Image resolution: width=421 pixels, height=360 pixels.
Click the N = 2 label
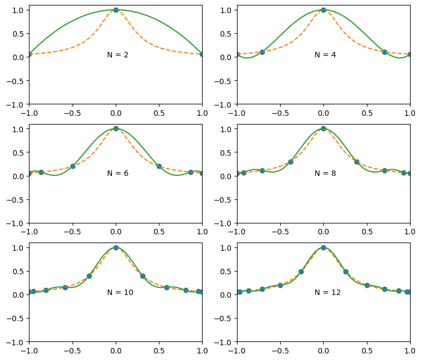click(x=118, y=55)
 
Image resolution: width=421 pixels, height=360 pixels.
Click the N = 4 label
click(x=325, y=55)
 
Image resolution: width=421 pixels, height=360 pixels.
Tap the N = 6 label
click(x=118, y=173)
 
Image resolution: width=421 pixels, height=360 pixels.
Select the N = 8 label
click(x=325, y=173)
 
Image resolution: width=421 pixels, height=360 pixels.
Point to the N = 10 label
click(x=120, y=292)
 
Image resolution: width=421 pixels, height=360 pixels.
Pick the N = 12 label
click(x=328, y=292)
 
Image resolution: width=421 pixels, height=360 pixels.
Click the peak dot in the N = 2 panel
click(x=116, y=10)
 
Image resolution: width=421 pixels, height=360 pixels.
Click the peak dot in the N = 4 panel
click(x=323, y=10)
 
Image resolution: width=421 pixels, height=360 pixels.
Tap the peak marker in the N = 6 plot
click(x=116, y=128)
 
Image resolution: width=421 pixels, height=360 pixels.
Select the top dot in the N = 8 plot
click(x=323, y=128)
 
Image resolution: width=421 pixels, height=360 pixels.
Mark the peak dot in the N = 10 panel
click(x=116, y=247)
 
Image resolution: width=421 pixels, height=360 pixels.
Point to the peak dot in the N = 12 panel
click(x=323, y=247)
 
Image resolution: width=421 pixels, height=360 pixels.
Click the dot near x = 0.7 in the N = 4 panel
click(x=384, y=52)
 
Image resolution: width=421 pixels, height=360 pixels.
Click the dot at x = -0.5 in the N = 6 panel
click(x=73, y=166)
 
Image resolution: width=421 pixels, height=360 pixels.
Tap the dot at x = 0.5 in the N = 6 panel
click(x=159, y=166)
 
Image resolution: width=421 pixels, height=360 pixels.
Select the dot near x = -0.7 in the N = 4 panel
click(x=262, y=52)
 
